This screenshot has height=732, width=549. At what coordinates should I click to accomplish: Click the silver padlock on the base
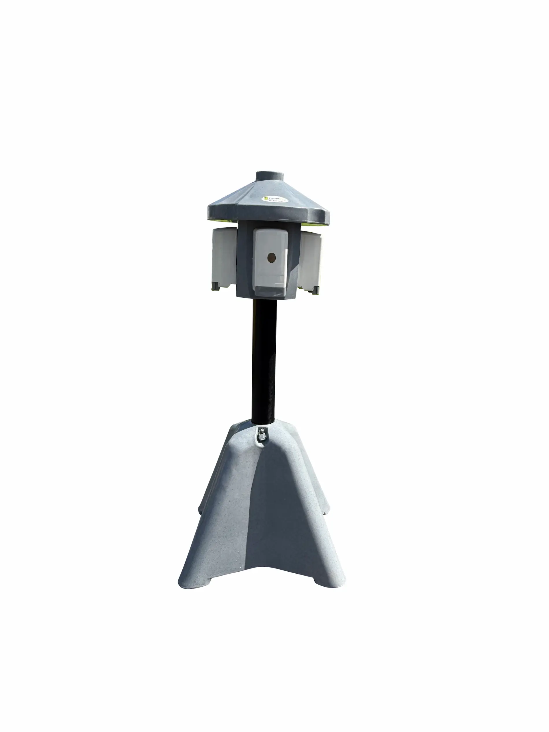point(261,435)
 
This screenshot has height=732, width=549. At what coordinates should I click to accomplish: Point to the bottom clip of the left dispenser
point(216,286)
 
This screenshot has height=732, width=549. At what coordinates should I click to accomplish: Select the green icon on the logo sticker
point(266,199)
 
